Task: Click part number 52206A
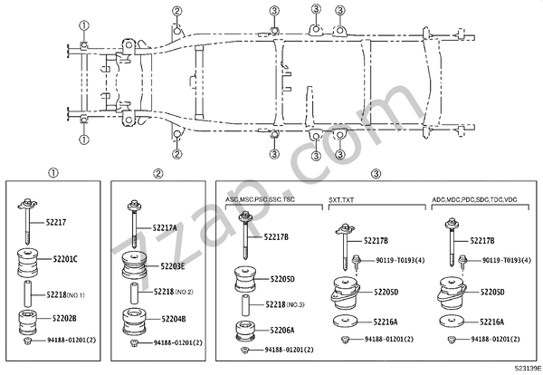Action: (280, 330)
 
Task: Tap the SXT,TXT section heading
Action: (340, 197)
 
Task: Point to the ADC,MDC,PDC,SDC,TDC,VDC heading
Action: (473, 197)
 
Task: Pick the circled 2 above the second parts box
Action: (157, 172)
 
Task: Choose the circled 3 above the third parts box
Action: (374, 172)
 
